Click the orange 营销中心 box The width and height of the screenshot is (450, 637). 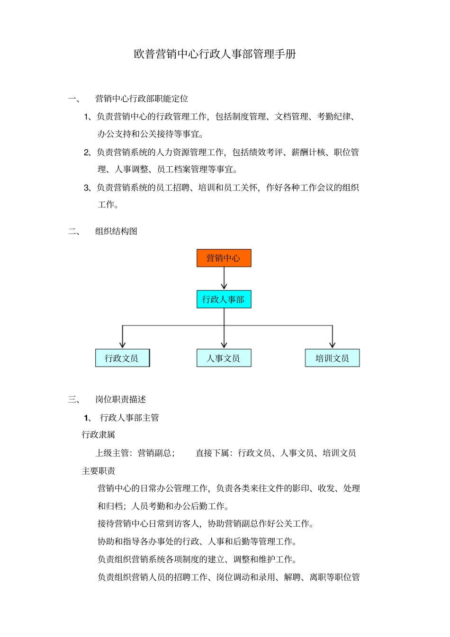tap(224, 258)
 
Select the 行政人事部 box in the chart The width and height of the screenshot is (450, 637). tap(224, 299)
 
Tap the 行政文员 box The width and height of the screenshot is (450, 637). tap(122, 358)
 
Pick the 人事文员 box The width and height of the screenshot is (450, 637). tap(224, 358)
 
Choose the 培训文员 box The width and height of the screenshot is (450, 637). tap(332, 358)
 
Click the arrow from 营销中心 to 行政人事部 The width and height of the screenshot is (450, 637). tap(224, 278)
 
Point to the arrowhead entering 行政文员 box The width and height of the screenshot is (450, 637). tap(123, 345)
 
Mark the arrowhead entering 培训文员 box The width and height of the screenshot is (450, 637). tap(333, 345)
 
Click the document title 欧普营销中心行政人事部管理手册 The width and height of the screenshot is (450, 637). tap(215, 54)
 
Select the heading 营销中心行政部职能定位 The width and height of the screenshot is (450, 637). tap(142, 99)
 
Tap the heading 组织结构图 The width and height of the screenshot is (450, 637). tap(116, 231)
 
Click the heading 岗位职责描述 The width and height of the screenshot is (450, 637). tap(120, 399)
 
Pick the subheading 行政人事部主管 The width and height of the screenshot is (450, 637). tap(129, 417)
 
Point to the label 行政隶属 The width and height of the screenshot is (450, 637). tap(99, 435)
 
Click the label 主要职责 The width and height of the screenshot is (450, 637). tap(99, 471)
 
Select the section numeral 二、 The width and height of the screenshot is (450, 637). tap(74, 231)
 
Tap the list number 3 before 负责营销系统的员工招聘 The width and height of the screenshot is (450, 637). tap(87, 188)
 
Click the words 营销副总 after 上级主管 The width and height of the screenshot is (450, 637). tap(154, 453)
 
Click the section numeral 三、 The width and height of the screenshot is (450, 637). tap(74, 399)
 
